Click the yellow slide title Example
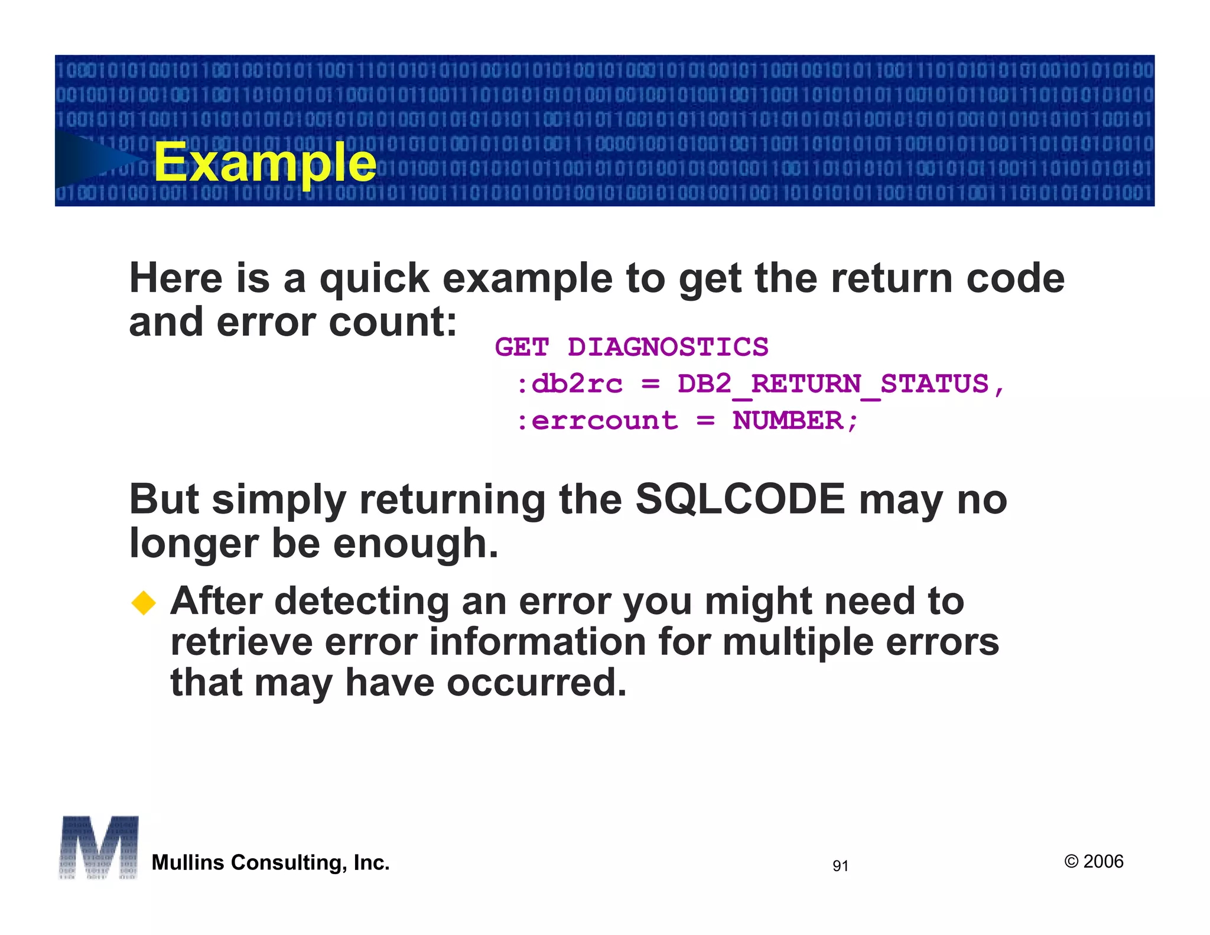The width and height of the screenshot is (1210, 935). tap(265, 162)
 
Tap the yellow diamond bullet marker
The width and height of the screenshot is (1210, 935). tap(144, 603)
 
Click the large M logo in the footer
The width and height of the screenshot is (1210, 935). tap(99, 847)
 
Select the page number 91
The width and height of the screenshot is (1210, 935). tap(840, 866)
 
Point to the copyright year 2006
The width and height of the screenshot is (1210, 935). tap(1103, 861)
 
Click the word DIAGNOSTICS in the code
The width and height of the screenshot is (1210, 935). tap(668, 348)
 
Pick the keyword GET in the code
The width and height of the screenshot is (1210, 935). tap(522, 348)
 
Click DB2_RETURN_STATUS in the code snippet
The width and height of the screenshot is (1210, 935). tap(833, 384)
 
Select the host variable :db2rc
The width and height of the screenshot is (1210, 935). tap(570, 384)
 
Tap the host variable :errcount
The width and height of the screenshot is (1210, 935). tap(597, 421)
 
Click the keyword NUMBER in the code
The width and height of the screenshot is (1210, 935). tap(788, 421)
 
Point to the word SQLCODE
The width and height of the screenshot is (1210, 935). tap(740, 499)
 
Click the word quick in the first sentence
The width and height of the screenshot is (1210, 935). tap(375, 279)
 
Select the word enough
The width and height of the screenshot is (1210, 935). tap(415, 544)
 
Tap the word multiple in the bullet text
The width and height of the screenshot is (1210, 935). tap(798, 642)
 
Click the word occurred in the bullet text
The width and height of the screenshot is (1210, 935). tap(536, 683)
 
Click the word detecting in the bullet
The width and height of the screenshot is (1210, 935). tap(362, 602)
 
